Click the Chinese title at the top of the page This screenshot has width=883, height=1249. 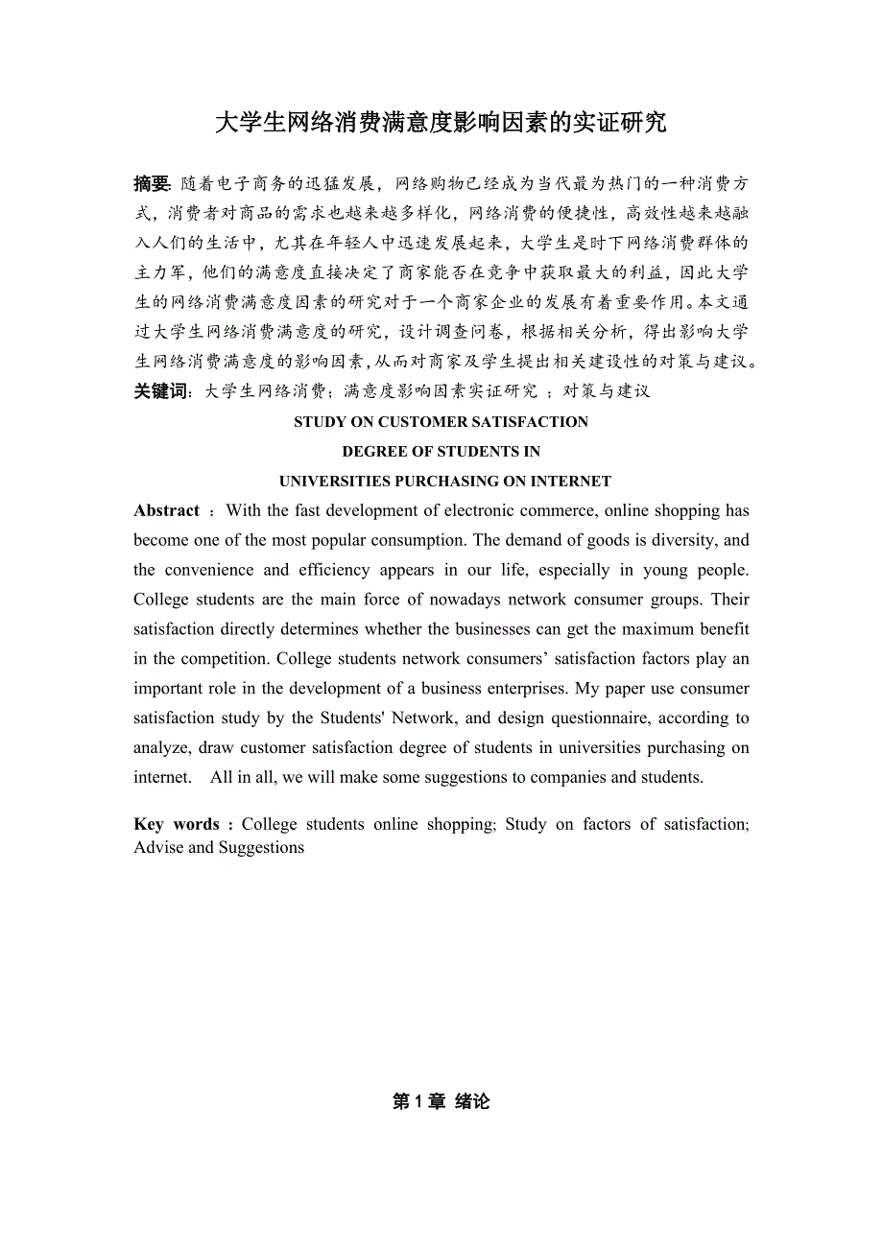(441, 123)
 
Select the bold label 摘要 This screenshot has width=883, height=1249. (152, 183)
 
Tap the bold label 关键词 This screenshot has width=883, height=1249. (161, 390)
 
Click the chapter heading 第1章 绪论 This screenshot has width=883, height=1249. (441, 1102)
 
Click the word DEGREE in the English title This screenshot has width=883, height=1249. (371, 452)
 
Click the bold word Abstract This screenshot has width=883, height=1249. (167, 510)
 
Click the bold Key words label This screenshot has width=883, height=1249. (178, 824)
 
